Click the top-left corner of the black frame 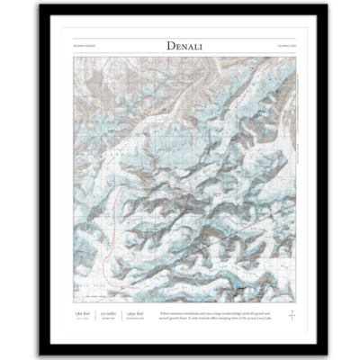pos(34,4)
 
